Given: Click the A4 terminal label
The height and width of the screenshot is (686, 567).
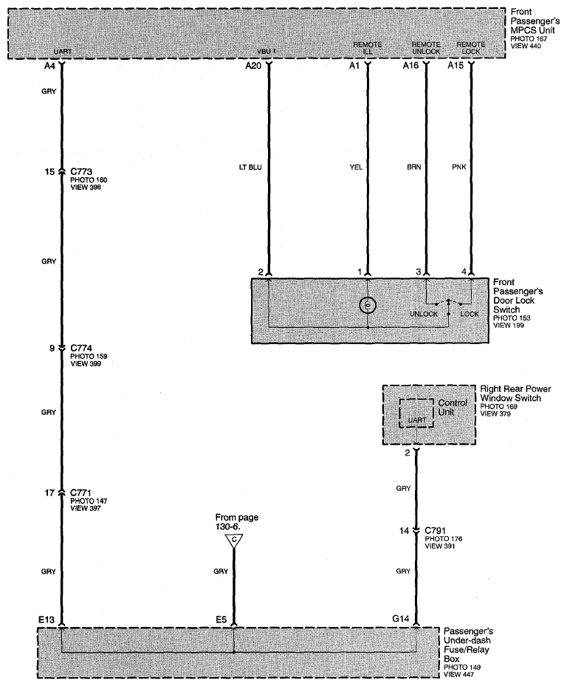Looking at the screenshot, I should click(x=49, y=66).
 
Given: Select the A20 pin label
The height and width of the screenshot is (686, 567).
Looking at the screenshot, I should click(x=254, y=66).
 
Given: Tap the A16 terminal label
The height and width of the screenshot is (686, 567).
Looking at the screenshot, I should click(x=411, y=66).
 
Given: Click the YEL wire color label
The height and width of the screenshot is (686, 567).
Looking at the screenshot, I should click(x=355, y=167).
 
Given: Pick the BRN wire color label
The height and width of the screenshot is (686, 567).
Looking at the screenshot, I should click(x=415, y=167).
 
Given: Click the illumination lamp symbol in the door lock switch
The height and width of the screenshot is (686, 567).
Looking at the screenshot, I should click(x=367, y=304).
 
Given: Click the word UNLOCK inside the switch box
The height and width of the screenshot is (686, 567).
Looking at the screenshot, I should click(x=424, y=314).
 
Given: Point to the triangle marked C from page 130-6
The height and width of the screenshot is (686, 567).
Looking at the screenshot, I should click(x=234, y=541).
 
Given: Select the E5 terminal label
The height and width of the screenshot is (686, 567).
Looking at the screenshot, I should click(x=220, y=620).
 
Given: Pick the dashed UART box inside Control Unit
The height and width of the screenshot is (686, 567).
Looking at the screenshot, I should click(x=416, y=414).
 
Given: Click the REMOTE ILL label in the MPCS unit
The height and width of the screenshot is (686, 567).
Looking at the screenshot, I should click(x=362, y=48).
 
